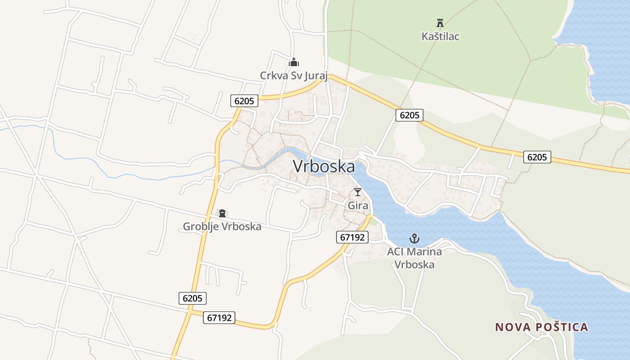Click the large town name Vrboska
point(324,166)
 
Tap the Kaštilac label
point(440,36)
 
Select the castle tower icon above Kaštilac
point(440,22)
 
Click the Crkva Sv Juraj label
point(294,75)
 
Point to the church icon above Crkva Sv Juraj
point(294,62)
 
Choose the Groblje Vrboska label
point(222,226)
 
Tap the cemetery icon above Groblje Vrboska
point(222,213)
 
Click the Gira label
point(358,206)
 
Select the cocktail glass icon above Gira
point(358,192)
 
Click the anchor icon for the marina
point(414,238)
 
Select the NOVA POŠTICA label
point(542,327)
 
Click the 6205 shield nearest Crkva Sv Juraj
point(244,101)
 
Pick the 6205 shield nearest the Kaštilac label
point(409,115)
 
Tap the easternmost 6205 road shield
point(537,157)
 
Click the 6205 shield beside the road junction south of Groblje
point(193,298)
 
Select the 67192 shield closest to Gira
point(352,237)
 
